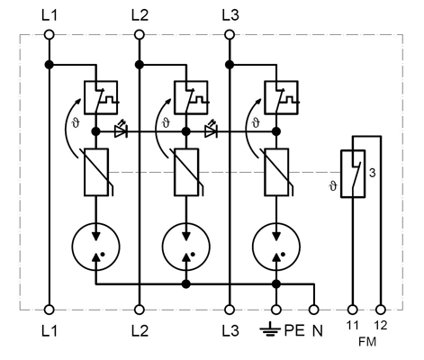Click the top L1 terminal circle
[50, 35]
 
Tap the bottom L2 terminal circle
[140, 310]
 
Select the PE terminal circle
[276, 310]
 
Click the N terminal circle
[314, 310]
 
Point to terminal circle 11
[353, 310]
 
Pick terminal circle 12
[381, 310]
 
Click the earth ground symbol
[270, 329]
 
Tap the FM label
[367, 342]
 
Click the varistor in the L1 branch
[96, 172]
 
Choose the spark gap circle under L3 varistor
[276, 247]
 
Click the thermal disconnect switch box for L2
[191, 97]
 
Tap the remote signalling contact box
[353, 174]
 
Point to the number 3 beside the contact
[372, 173]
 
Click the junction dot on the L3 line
[230, 65]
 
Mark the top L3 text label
[230, 15]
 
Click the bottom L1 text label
[50, 331]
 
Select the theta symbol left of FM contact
[333, 186]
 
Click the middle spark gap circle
[186, 247]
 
